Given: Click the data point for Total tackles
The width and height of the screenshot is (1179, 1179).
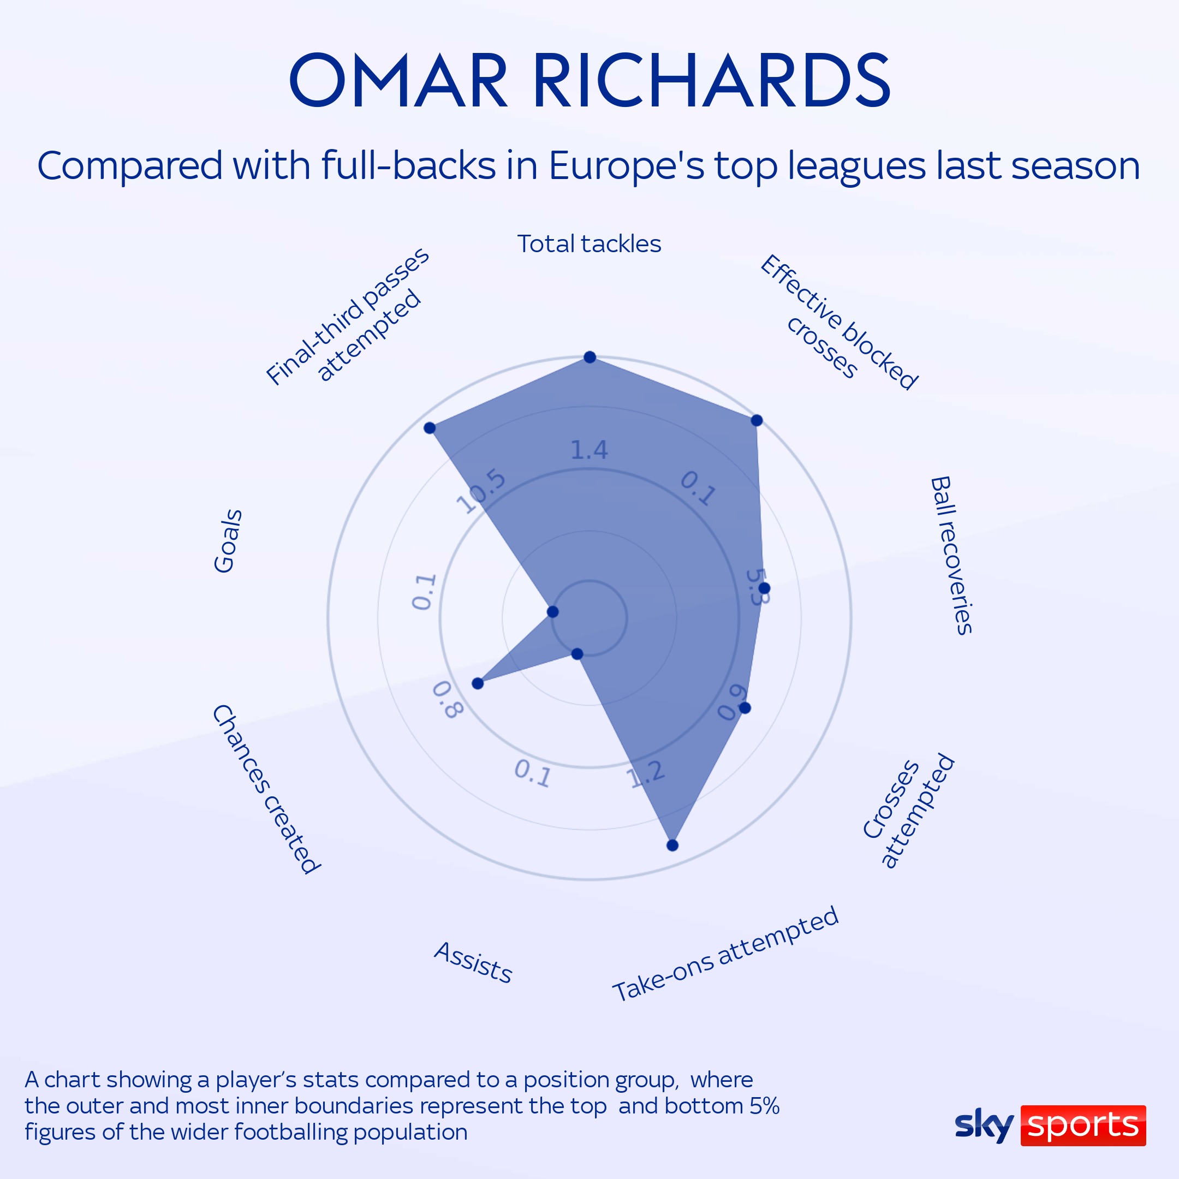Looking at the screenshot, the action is [589, 357].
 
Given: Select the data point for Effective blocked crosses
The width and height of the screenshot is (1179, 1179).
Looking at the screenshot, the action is [757, 420].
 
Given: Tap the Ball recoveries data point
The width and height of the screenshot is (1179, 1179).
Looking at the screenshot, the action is [765, 588].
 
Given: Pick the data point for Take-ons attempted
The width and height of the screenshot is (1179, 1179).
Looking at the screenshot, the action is [672, 845].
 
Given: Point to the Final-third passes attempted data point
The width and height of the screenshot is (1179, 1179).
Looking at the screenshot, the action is [430, 428].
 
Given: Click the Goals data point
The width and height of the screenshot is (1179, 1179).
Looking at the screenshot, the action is [553, 611].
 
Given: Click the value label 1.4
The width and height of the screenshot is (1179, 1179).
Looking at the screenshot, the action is [589, 450].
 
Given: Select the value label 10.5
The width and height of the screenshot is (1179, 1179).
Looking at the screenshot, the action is [481, 492].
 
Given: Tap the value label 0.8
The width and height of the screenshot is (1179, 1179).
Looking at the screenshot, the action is [448, 700].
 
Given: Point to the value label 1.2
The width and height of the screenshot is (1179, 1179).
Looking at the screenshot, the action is [646, 775].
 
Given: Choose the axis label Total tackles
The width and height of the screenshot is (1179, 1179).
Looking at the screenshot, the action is [589, 244].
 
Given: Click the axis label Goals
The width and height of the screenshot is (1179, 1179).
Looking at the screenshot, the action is [228, 541].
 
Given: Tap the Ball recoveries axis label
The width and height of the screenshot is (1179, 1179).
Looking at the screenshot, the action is [951, 556].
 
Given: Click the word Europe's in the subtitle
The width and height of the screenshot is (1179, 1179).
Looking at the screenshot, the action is [627, 165].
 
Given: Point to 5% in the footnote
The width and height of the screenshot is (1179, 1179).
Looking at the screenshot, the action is [764, 1106].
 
